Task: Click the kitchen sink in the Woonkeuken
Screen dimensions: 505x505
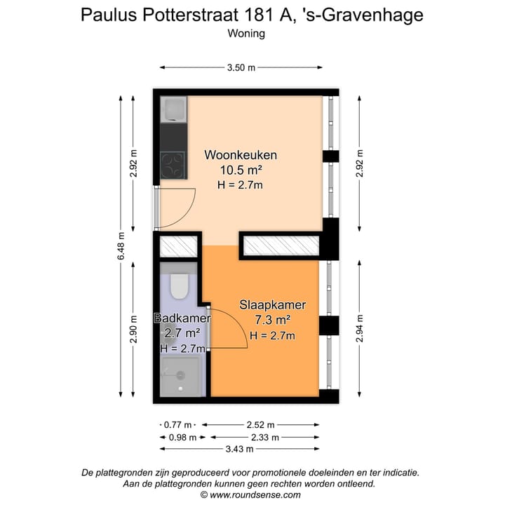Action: pos(173,109)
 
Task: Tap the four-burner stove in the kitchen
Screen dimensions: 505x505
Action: pos(173,166)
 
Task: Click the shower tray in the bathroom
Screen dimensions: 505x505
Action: pos(181,377)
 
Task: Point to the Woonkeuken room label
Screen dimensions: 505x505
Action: pos(241,155)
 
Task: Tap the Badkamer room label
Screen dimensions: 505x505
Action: pos(182,319)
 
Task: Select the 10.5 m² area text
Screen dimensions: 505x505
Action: pos(241,170)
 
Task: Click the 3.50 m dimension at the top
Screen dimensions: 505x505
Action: pos(241,67)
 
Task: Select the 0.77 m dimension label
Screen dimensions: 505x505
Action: pos(178,425)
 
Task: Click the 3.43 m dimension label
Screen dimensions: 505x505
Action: pos(241,449)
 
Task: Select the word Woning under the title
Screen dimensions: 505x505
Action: pos(246,33)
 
